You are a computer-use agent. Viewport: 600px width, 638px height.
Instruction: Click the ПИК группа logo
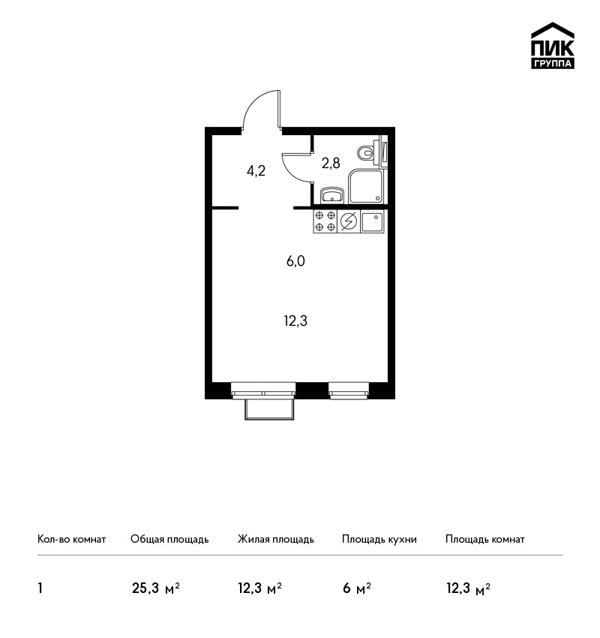pyautogui.click(x=553, y=46)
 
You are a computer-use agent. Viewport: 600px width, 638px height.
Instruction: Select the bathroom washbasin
pyautogui.click(x=332, y=195)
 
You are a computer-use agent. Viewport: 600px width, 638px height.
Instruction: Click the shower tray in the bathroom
pyautogui.click(x=366, y=186)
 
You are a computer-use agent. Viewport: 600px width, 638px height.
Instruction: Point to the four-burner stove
pyautogui.click(x=325, y=221)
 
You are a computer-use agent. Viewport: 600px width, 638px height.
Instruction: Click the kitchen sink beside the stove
pyautogui.click(x=372, y=221)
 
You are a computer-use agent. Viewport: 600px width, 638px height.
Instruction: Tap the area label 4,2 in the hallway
pyautogui.click(x=256, y=170)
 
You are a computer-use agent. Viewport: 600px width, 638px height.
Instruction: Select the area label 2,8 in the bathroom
pyautogui.click(x=331, y=164)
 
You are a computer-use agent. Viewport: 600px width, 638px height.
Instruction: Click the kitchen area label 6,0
pyautogui.click(x=295, y=260)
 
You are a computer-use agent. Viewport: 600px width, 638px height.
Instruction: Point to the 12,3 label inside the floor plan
pyautogui.click(x=295, y=321)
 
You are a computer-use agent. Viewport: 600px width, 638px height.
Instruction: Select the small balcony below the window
pyautogui.click(x=269, y=409)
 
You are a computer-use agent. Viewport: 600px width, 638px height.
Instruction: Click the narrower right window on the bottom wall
pyautogui.click(x=349, y=390)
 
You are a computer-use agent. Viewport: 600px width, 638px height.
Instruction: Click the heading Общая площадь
pyautogui.click(x=169, y=539)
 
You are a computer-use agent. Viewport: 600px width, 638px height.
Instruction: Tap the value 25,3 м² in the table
pyautogui.click(x=156, y=588)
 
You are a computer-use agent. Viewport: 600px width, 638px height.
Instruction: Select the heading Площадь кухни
pyautogui.click(x=379, y=539)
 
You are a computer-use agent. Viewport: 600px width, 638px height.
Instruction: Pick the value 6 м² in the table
pyautogui.click(x=357, y=588)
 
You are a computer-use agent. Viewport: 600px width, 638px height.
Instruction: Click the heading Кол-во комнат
pyautogui.click(x=71, y=539)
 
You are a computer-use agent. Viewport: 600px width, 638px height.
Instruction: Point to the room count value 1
pyautogui.click(x=40, y=588)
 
